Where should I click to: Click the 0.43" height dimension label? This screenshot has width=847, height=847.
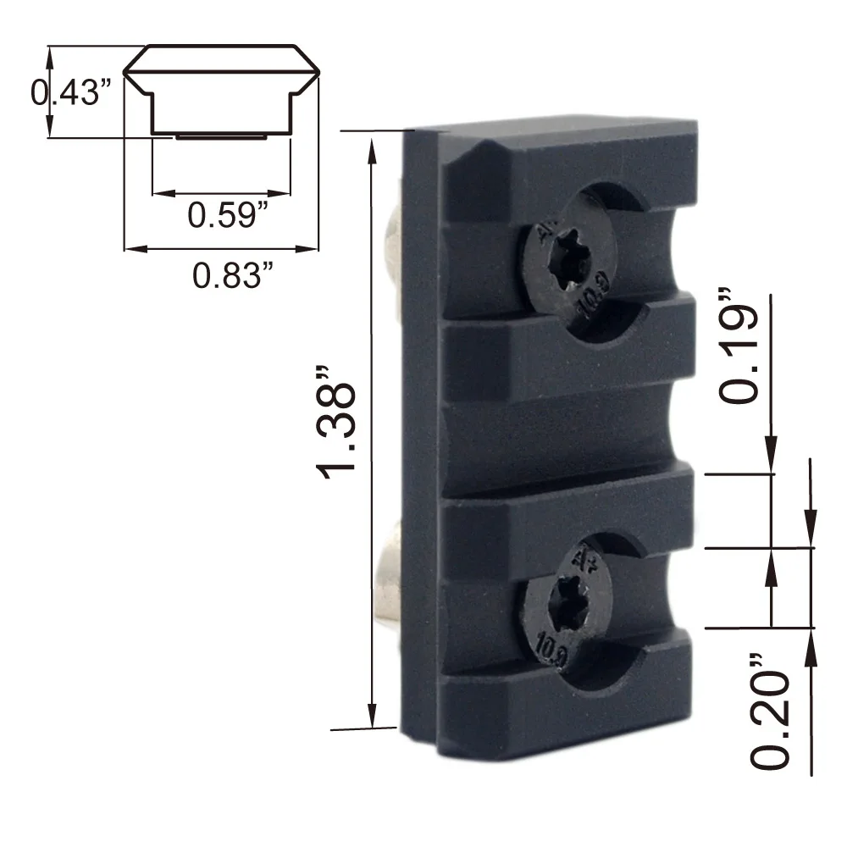(71, 92)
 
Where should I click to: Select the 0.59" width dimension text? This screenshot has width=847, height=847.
(228, 214)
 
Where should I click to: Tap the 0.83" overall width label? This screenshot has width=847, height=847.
(232, 275)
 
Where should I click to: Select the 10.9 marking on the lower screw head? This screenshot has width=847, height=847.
(551, 650)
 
